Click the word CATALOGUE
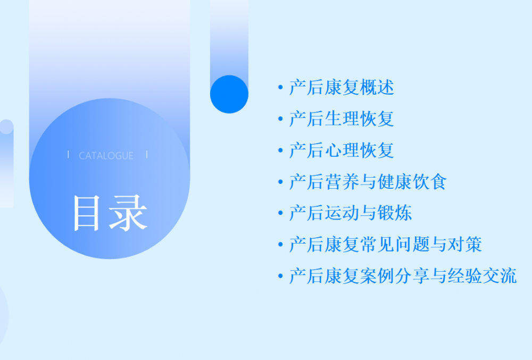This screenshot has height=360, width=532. (x=106, y=156)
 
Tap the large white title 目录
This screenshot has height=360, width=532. (x=111, y=213)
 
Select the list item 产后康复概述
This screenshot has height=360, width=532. (x=342, y=87)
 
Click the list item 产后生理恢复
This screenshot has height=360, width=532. (x=342, y=119)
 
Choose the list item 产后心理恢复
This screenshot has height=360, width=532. (x=342, y=150)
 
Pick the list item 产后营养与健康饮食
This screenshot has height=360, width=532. (x=368, y=182)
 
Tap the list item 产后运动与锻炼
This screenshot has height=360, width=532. (x=351, y=213)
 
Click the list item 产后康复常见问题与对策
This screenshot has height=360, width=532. (x=385, y=245)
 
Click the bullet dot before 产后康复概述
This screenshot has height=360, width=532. (x=280, y=87)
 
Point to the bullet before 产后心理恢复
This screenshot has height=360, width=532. (x=280, y=150)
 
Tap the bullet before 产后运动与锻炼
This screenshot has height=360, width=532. (x=280, y=213)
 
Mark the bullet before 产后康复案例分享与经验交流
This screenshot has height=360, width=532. (x=280, y=276)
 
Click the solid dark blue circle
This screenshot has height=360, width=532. (x=229, y=94)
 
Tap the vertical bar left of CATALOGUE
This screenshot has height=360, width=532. (x=68, y=155)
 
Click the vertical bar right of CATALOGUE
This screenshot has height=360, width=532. (x=147, y=155)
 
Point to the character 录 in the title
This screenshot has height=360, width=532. (x=129, y=213)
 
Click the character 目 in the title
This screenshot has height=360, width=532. (x=87, y=214)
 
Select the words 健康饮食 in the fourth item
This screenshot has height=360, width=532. (x=412, y=182)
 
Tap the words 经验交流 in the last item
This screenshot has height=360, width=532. (x=482, y=276)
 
